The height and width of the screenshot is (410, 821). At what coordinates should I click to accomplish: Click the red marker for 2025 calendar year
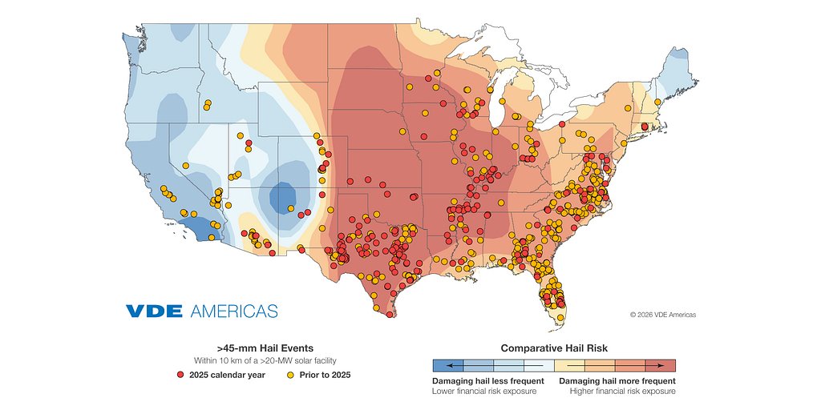tap(182, 374)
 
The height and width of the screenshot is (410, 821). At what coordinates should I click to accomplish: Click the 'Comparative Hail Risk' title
tap(553, 348)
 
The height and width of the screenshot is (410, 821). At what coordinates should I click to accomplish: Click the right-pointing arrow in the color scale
tap(660, 366)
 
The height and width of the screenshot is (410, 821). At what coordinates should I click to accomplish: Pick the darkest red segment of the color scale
tap(660, 366)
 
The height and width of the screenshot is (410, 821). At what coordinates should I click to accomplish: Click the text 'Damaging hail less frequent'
tap(488, 381)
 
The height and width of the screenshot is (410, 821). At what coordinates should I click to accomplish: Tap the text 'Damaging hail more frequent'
tap(617, 381)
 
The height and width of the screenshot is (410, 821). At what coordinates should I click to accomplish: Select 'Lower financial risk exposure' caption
tap(484, 392)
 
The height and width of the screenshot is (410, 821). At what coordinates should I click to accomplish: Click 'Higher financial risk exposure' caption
tap(622, 392)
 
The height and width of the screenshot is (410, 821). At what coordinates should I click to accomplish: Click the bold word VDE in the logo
tap(153, 311)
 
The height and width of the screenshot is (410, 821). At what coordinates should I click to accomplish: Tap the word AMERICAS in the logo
tap(233, 311)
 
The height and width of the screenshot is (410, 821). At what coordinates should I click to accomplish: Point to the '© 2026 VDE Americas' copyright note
tap(662, 315)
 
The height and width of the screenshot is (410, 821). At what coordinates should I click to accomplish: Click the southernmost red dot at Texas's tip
tap(390, 315)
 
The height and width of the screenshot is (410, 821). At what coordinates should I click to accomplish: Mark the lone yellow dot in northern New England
tap(657, 102)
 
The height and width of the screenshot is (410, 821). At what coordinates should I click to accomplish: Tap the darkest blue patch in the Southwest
tap(282, 196)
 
